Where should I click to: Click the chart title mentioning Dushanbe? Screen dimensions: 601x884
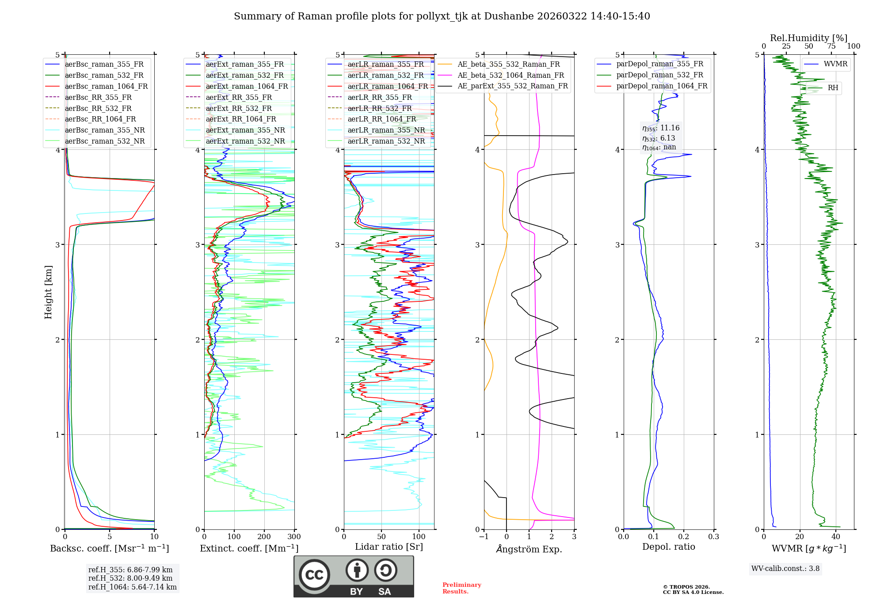pyautogui.click(x=442, y=16)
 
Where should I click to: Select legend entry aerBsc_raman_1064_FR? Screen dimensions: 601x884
pyautogui.click(x=106, y=86)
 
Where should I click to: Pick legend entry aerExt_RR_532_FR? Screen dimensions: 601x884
pyautogui.click(x=239, y=108)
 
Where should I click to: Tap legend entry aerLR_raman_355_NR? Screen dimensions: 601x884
pyautogui.click(x=386, y=130)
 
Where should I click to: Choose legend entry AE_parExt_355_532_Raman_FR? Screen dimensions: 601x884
pyautogui.click(x=513, y=86)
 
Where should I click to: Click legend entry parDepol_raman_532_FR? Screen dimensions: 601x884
pyautogui.click(x=659, y=75)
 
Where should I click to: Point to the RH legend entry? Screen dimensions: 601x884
pyautogui.click(x=833, y=88)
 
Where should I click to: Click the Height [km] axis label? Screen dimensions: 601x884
pyautogui.click(x=48, y=292)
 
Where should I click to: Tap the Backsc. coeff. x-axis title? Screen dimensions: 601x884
pyautogui.click(x=109, y=548)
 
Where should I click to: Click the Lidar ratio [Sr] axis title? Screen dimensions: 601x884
pyautogui.click(x=389, y=547)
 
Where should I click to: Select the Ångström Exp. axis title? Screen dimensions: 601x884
pyautogui.click(x=529, y=549)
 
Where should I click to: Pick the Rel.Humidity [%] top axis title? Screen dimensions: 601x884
pyautogui.click(x=808, y=38)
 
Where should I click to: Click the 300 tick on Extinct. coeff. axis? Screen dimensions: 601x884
pyautogui.click(x=294, y=537)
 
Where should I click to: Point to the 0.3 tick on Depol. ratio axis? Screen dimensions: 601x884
pyautogui.click(x=713, y=537)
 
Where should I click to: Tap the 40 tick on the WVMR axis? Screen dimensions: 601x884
pyautogui.click(x=836, y=537)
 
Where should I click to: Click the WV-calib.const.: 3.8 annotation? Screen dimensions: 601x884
pyautogui.click(x=785, y=569)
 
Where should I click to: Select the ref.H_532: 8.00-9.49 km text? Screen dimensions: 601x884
pyautogui.click(x=130, y=578)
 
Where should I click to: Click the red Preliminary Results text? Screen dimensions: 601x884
pyautogui.click(x=461, y=588)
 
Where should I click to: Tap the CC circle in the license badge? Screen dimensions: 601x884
pyautogui.click(x=314, y=575)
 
